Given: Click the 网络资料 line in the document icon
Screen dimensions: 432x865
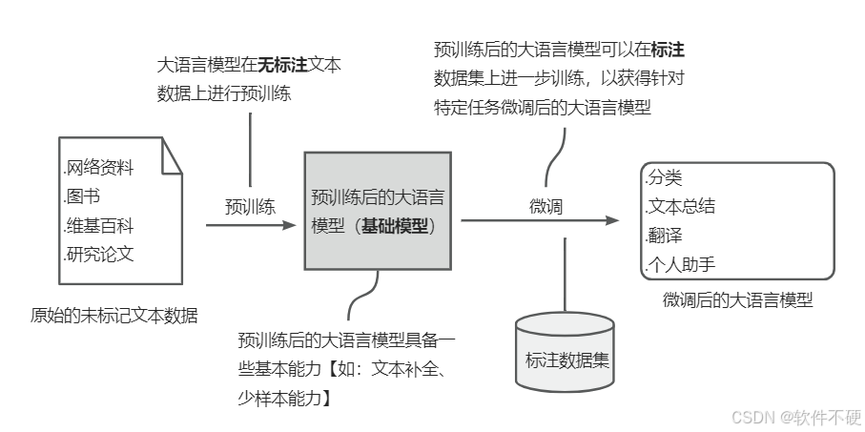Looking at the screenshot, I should [98, 169].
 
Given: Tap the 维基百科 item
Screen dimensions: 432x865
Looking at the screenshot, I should [98, 227].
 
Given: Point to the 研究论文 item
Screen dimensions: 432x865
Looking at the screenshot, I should [98, 255].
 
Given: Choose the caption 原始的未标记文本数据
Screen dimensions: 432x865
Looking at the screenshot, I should [114, 315].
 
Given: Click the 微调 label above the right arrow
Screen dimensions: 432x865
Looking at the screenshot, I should [546, 205].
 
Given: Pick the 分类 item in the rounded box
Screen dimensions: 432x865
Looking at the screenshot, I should [664, 177].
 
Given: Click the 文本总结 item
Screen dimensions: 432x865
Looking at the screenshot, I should [680, 206].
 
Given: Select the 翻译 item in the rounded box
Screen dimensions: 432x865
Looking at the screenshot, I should [664, 235].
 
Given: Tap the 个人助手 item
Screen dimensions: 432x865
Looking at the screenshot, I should [680, 264].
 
